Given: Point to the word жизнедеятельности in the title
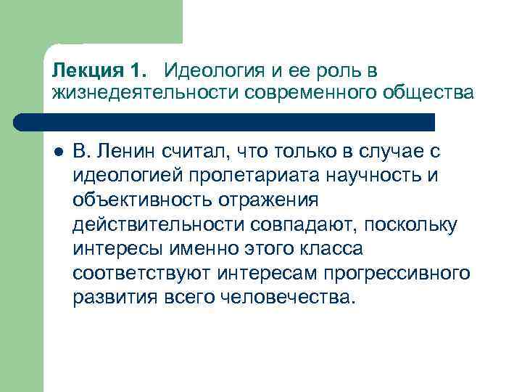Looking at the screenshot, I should tap(142, 94).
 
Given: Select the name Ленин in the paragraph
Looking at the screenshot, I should tap(128, 152).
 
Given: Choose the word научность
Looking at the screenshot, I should tap(351, 176).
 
